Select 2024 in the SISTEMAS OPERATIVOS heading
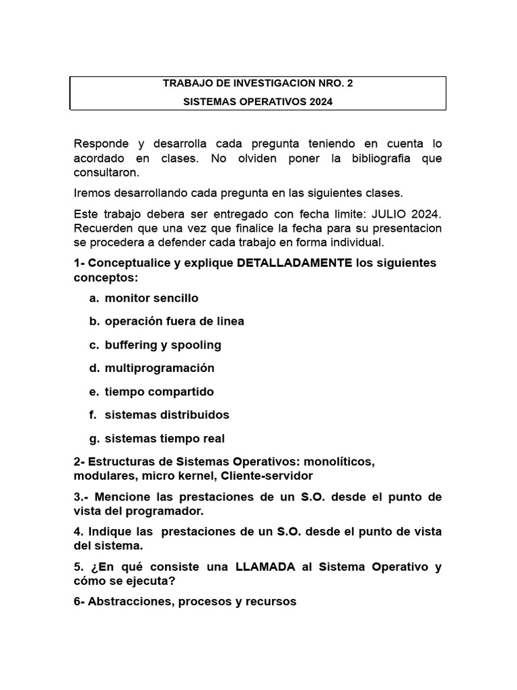320,102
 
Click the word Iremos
92,193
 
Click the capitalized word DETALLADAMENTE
295,263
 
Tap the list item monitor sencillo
151,298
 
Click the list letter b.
94,321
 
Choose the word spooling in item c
196,345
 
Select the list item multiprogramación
160,368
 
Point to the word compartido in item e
182,391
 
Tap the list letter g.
94,439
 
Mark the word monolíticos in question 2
339,462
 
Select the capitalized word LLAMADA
265,567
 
